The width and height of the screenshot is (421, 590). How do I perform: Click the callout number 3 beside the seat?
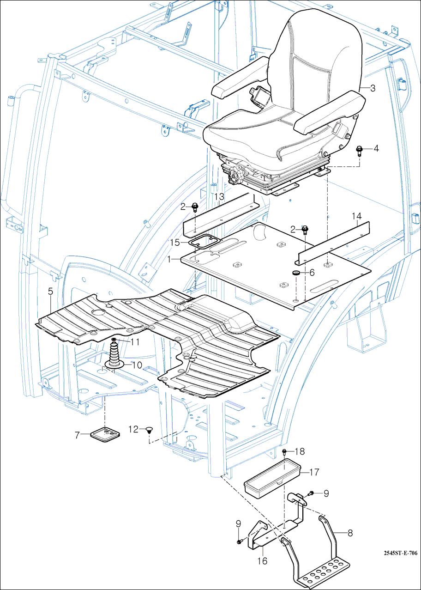click(x=373, y=88)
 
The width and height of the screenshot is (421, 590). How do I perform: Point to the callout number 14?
click(x=356, y=216)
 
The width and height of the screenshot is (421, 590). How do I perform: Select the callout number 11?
click(x=134, y=342)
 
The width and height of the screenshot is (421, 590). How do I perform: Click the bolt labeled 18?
click(x=285, y=451)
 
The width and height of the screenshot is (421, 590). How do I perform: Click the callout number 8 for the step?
click(x=350, y=533)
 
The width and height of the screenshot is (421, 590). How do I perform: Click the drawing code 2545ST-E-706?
click(x=400, y=553)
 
